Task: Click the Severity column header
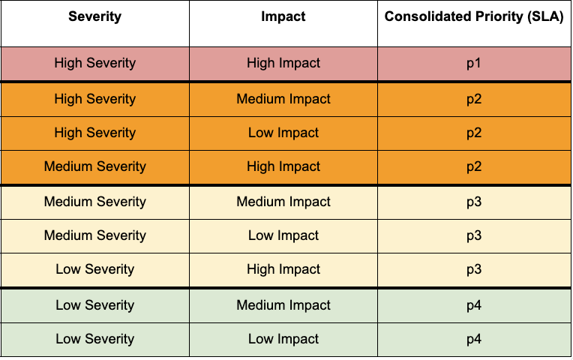94,16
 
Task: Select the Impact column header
283,16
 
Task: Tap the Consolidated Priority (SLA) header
474,16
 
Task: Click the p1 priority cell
474,63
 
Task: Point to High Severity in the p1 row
94,63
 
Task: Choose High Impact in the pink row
283,63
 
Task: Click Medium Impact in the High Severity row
283,99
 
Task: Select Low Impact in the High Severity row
283,133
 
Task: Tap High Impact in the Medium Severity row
283,166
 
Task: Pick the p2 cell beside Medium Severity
474,166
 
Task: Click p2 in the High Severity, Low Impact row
474,133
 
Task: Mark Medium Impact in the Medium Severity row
283,202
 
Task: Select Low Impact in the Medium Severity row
283,235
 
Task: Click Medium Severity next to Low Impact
94,235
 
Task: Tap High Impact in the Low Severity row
283,269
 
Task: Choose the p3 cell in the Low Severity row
474,269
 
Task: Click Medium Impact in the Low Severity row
283,305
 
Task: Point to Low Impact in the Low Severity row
283,339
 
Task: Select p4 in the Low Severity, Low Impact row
474,339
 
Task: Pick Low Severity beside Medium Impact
94,305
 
